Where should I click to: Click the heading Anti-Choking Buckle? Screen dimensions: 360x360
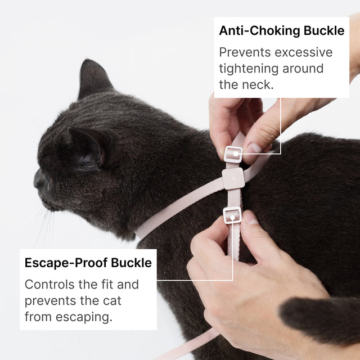click(x=281, y=30)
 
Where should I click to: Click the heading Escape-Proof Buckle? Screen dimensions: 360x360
click(x=88, y=263)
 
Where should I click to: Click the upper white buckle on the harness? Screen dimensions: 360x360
click(x=233, y=153)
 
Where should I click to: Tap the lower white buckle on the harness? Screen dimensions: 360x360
click(x=232, y=215)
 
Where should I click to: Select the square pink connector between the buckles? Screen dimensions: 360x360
click(x=233, y=178)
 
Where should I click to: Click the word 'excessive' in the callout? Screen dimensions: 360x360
click(x=304, y=52)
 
